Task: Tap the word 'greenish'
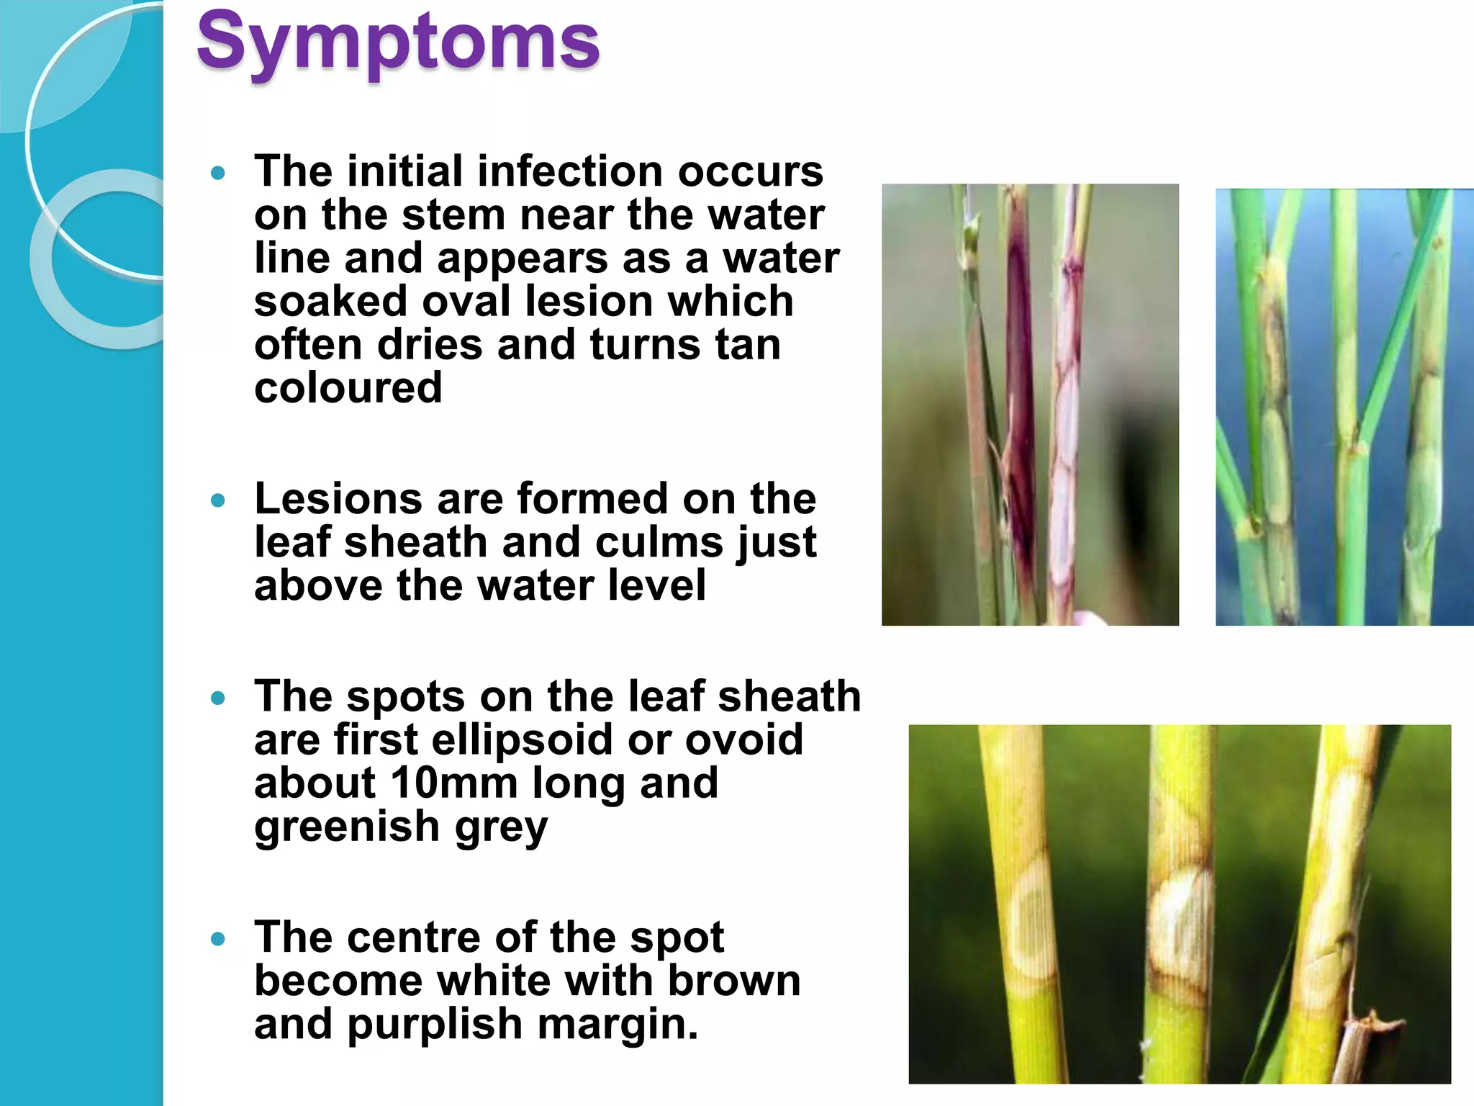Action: [x=346, y=826]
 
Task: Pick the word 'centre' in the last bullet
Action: [x=415, y=938]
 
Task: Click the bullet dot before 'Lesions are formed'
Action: [x=218, y=500]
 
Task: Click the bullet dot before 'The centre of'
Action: [x=218, y=939]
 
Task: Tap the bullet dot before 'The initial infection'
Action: [x=218, y=173]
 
